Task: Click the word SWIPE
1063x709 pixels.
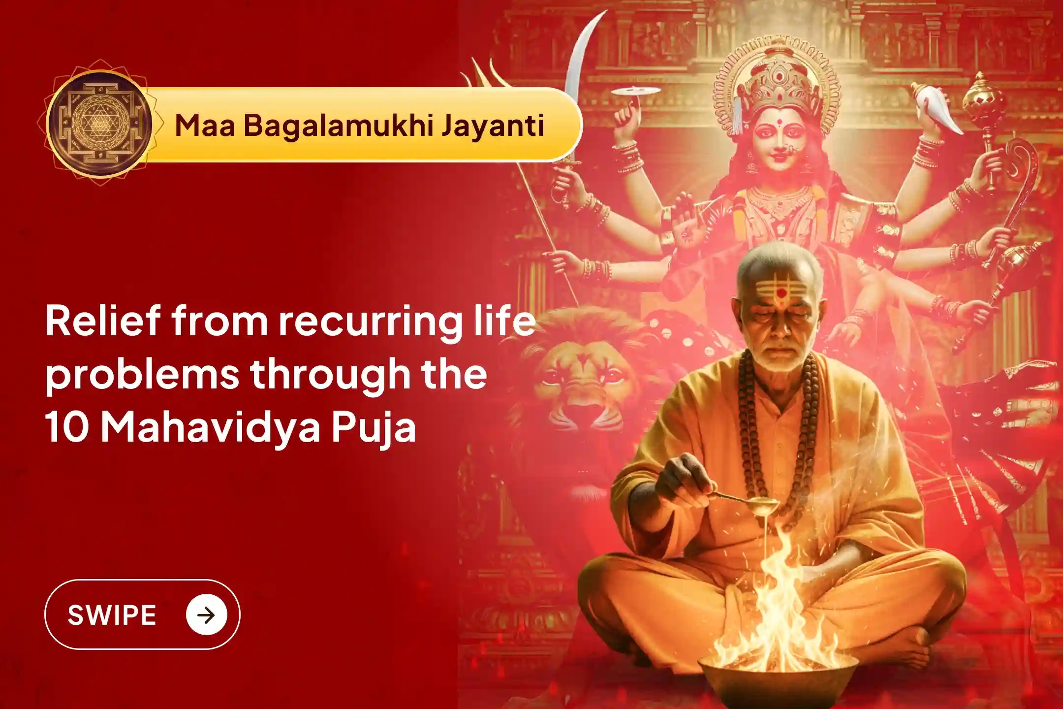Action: coord(112,615)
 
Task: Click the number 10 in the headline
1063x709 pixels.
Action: coord(66,427)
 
